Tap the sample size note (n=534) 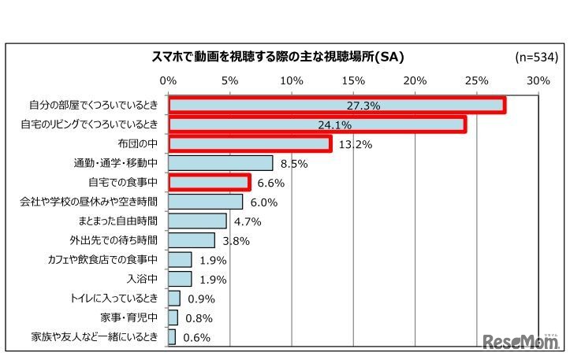point(536,57)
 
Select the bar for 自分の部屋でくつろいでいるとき point(337,106)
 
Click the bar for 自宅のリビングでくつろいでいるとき point(317,124)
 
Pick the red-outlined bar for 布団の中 point(249,144)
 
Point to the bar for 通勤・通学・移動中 point(220,163)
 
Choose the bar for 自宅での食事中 point(209,183)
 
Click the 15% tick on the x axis point(353,80)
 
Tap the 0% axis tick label point(168,80)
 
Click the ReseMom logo point(521,341)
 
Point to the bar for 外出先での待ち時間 point(192,240)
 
